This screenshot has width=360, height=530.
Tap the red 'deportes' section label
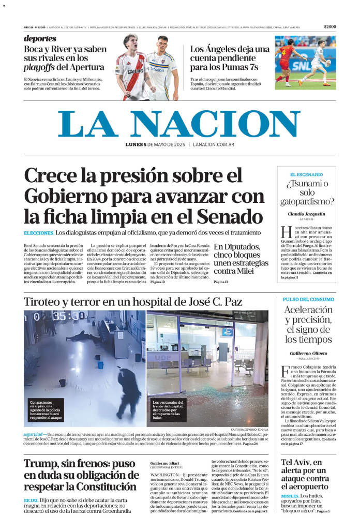pos(40,39)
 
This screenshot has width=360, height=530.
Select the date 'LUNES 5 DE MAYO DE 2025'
pos(155,144)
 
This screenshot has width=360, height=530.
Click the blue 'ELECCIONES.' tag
pos(39,233)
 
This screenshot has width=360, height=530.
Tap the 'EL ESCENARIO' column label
pos(306,174)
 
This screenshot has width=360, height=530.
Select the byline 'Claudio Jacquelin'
pos(306,214)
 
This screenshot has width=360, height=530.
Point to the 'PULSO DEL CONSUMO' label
pos(308,299)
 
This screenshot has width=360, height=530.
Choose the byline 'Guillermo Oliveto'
pos(308,353)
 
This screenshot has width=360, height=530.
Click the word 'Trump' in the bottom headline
pos(42,463)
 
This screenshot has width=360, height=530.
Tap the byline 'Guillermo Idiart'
pos(164,463)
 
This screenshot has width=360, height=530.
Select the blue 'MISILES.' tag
pos(290,496)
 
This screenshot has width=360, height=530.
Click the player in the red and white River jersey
pos(129,67)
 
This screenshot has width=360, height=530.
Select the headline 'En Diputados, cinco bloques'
pos(241,259)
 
